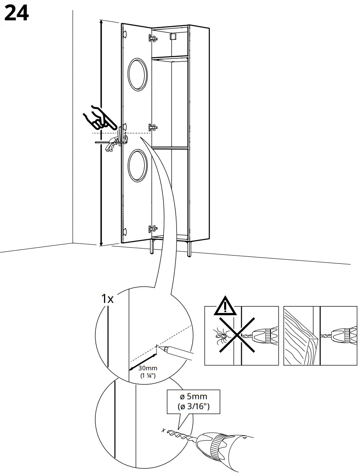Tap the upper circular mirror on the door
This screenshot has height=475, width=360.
137,74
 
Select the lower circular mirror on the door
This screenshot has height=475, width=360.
137,165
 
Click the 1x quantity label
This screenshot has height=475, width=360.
107,299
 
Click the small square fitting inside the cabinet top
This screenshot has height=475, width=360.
174,36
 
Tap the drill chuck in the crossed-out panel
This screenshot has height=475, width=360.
265,335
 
